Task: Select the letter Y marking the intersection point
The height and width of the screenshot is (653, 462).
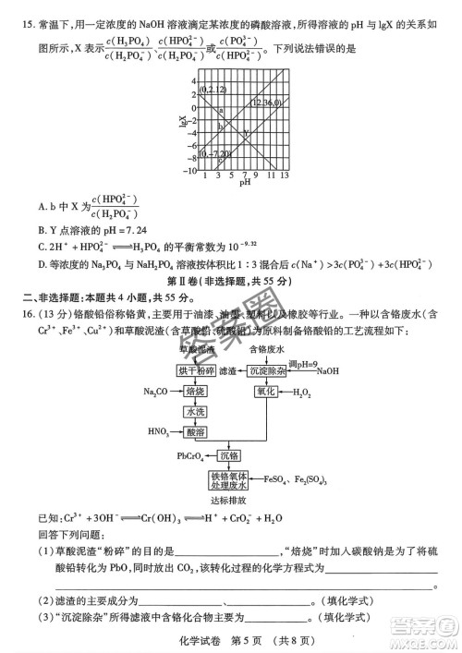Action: coord(245,135)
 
